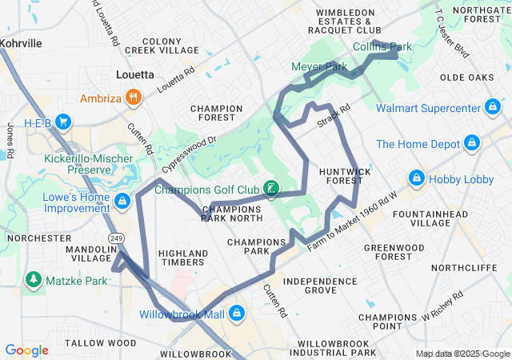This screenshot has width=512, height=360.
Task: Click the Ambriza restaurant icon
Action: click(x=134, y=99)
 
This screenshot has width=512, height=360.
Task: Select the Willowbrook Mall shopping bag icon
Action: click(x=236, y=314)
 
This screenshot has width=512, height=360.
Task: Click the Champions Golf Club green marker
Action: click(x=272, y=190)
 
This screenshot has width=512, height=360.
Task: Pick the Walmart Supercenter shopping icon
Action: click(x=494, y=107)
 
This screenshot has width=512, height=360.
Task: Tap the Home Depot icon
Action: click(x=472, y=144)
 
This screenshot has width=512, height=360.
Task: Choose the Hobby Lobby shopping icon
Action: click(x=416, y=178)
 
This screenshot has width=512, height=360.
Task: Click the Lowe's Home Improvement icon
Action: click(x=122, y=200)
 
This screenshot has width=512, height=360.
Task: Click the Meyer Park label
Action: click(x=318, y=66)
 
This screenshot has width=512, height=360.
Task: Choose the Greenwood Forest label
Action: click(x=394, y=252)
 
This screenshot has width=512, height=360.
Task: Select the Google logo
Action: click(x=27, y=350)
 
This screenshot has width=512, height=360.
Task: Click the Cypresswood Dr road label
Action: click(x=189, y=154)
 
